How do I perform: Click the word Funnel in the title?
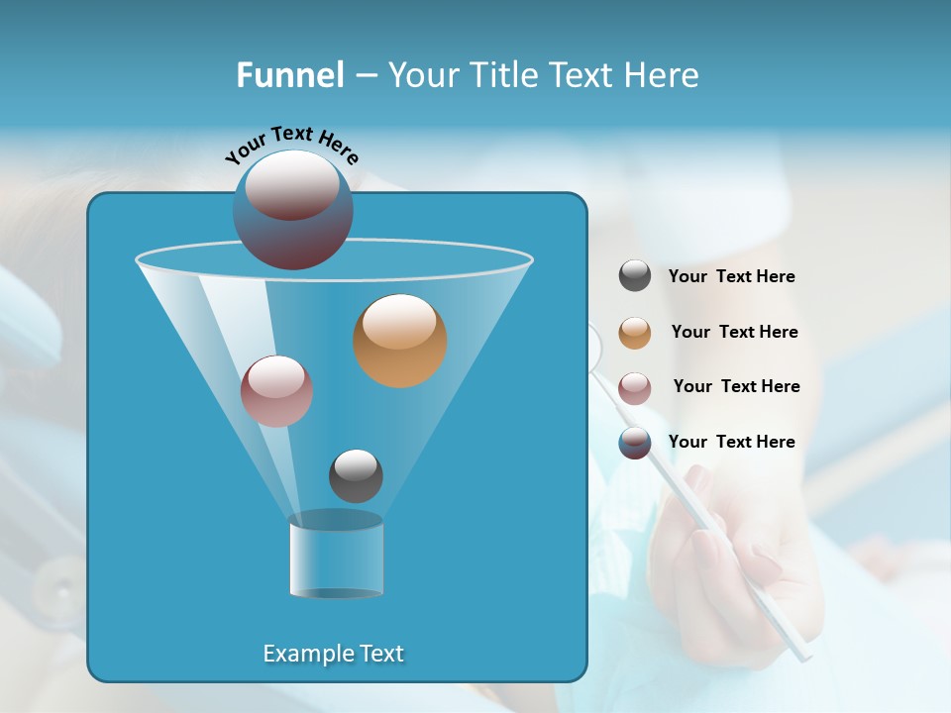[x=290, y=74]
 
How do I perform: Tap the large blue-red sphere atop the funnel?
[x=292, y=209]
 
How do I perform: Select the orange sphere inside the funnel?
[x=399, y=340]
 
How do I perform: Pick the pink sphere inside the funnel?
[x=276, y=391]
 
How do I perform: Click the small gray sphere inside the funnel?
[x=356, y=475]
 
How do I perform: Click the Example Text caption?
[x=333, y=654]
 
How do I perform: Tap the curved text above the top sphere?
[x=291, y=144]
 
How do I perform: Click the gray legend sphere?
[x=635, y=276]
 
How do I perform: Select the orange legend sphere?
[x=635, y=332]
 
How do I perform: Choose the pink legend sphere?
[x=635, y=387]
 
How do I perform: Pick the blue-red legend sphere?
[x=635, y=443]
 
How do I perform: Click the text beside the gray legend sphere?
[x=731, y=276]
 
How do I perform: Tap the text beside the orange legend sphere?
[x=734, y=332]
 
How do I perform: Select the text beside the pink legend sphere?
[x=736, y=386]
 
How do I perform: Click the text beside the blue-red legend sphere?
[x=731, y=442]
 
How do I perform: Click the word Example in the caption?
[x=307, y=654]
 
